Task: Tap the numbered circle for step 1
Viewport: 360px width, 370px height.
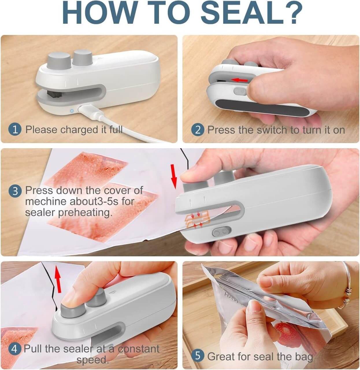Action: (15, 129)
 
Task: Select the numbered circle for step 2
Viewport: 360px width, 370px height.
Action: (198, 129)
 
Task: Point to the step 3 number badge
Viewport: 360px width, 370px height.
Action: (15, 191)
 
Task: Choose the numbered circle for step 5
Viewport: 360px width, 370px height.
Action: (198, 356)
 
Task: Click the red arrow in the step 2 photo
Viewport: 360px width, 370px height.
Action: (240, 79)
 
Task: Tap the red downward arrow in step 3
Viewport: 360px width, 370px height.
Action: (174, 177)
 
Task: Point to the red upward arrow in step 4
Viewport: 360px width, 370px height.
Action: (58, 276)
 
